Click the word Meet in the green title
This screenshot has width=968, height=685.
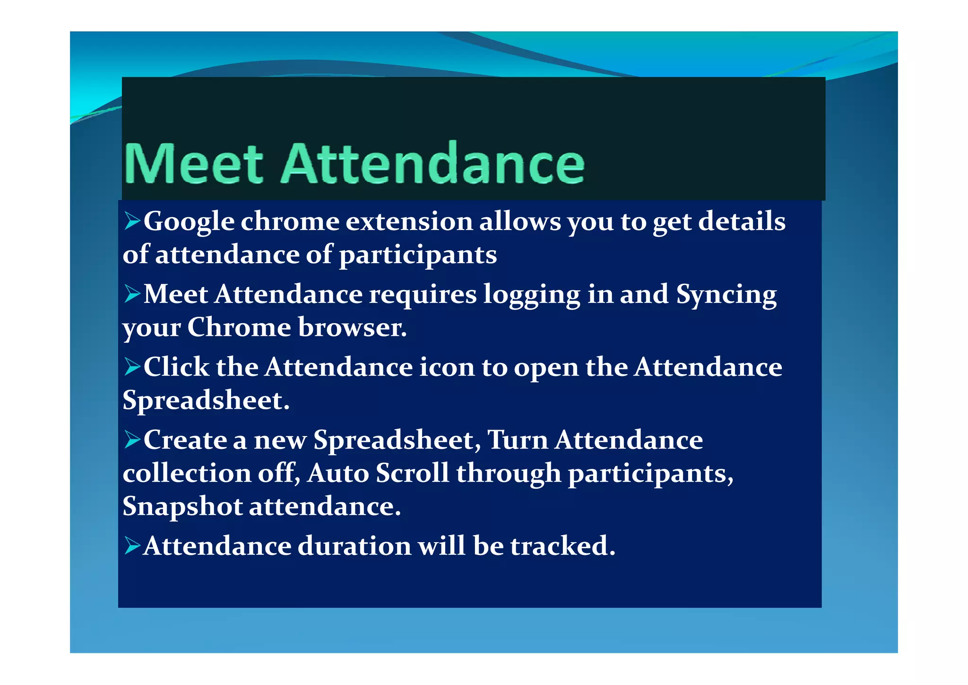point(193,163)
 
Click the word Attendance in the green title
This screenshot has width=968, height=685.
point(433,163)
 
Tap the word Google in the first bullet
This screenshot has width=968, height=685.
point(189,221)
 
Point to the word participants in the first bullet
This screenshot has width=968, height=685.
point(418,255)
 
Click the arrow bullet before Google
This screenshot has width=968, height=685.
point(132,220)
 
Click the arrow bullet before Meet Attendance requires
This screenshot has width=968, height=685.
point(132,293)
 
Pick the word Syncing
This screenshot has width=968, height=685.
point(726,295)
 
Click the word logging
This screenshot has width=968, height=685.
point(531,295)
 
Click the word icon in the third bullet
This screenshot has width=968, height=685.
point(447,367)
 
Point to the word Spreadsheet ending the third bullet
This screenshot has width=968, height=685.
point(206,401)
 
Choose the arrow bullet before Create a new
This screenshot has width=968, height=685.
point(132,439)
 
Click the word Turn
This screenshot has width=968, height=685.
point(517,440)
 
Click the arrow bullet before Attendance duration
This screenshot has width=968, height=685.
point(132,545)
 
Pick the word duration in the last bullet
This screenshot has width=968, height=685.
point(354,546)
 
